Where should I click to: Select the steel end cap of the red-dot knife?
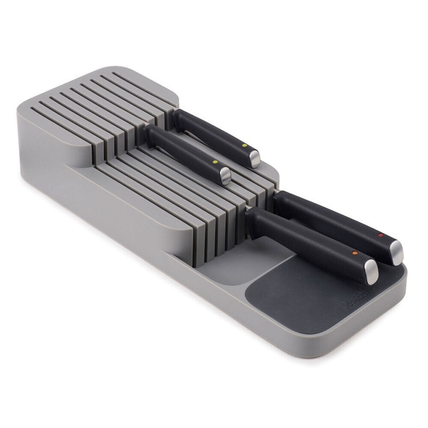(x=396, y=253)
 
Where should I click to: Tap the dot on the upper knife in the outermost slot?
(x=244, y=145)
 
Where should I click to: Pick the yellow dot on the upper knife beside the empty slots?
(x=214, y=162)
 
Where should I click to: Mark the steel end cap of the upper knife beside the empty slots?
(x=225, y=177)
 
